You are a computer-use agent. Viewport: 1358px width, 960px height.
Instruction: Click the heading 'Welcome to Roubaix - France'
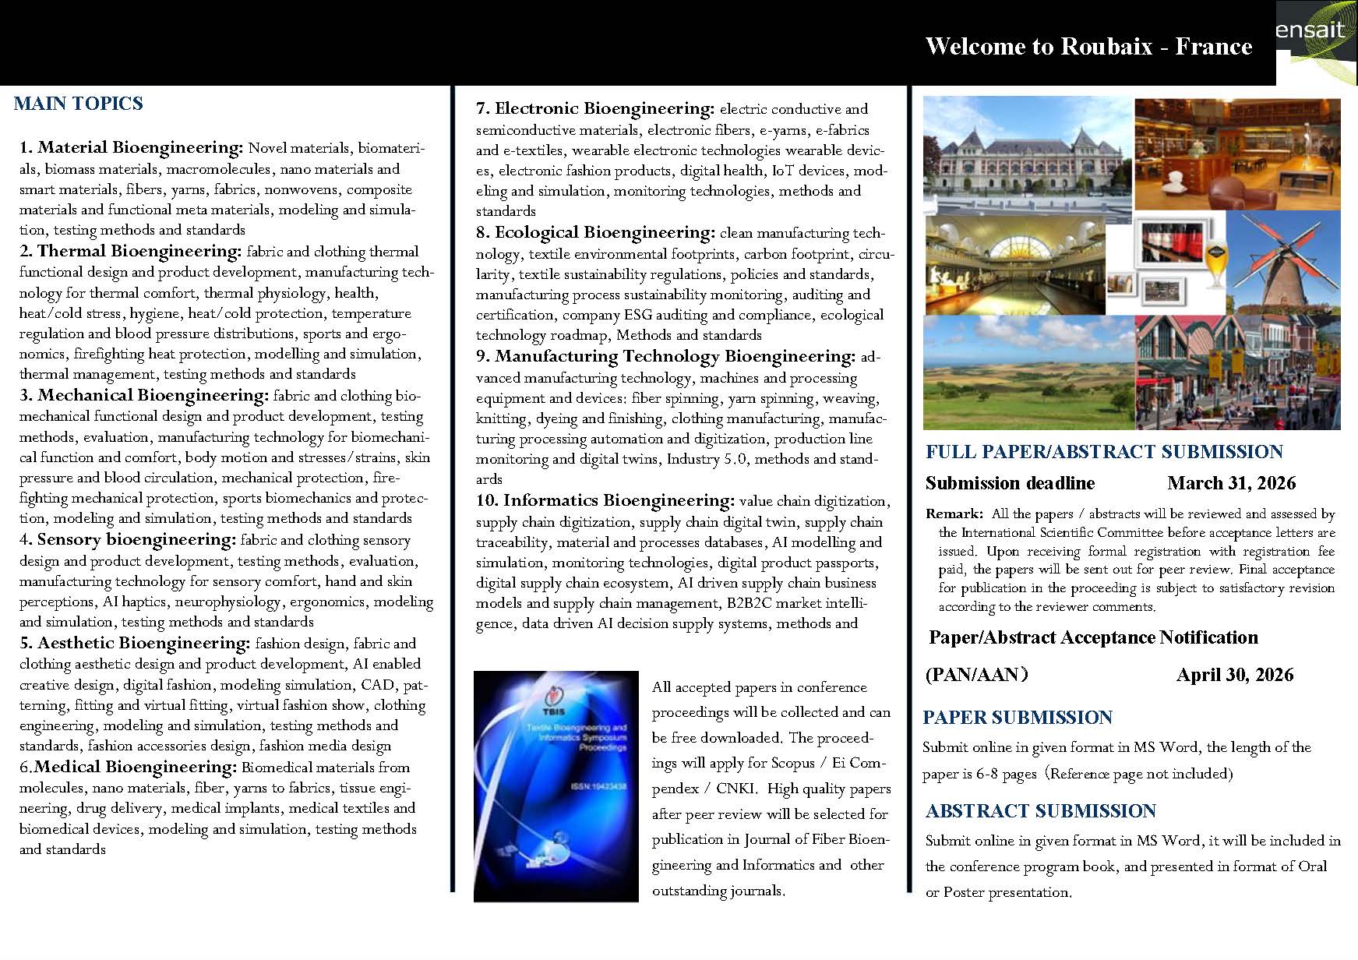click(x=1088, y=46)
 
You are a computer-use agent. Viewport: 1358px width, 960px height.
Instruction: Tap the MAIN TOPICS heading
click(x=78, y=104)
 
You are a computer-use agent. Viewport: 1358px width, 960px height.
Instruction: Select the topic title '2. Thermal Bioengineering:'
click(x=131, y=251)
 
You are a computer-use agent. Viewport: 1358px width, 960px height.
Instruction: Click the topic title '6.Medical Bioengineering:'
click(x=128, y=767)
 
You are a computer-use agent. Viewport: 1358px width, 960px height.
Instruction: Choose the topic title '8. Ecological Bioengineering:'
click(x=595, y=232)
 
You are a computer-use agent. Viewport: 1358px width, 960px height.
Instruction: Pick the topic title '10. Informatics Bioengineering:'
click(x=605, y=500)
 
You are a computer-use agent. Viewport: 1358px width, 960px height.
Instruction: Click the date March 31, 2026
click(x=1231, y=483)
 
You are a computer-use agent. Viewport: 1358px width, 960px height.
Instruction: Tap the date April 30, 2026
click(x=1234, y=675)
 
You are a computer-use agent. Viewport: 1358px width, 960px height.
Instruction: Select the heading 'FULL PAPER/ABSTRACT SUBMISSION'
click(x=1104, y=452)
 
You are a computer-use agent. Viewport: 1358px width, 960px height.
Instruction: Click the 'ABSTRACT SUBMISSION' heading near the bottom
click(x=1040, y=811)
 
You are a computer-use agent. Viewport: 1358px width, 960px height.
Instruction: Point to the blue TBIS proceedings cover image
click(x=556, y=787)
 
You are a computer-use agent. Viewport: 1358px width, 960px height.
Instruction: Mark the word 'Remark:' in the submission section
click(x=954, y=514)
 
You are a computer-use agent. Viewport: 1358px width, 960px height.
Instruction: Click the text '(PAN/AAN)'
click(x=977, y=675)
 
